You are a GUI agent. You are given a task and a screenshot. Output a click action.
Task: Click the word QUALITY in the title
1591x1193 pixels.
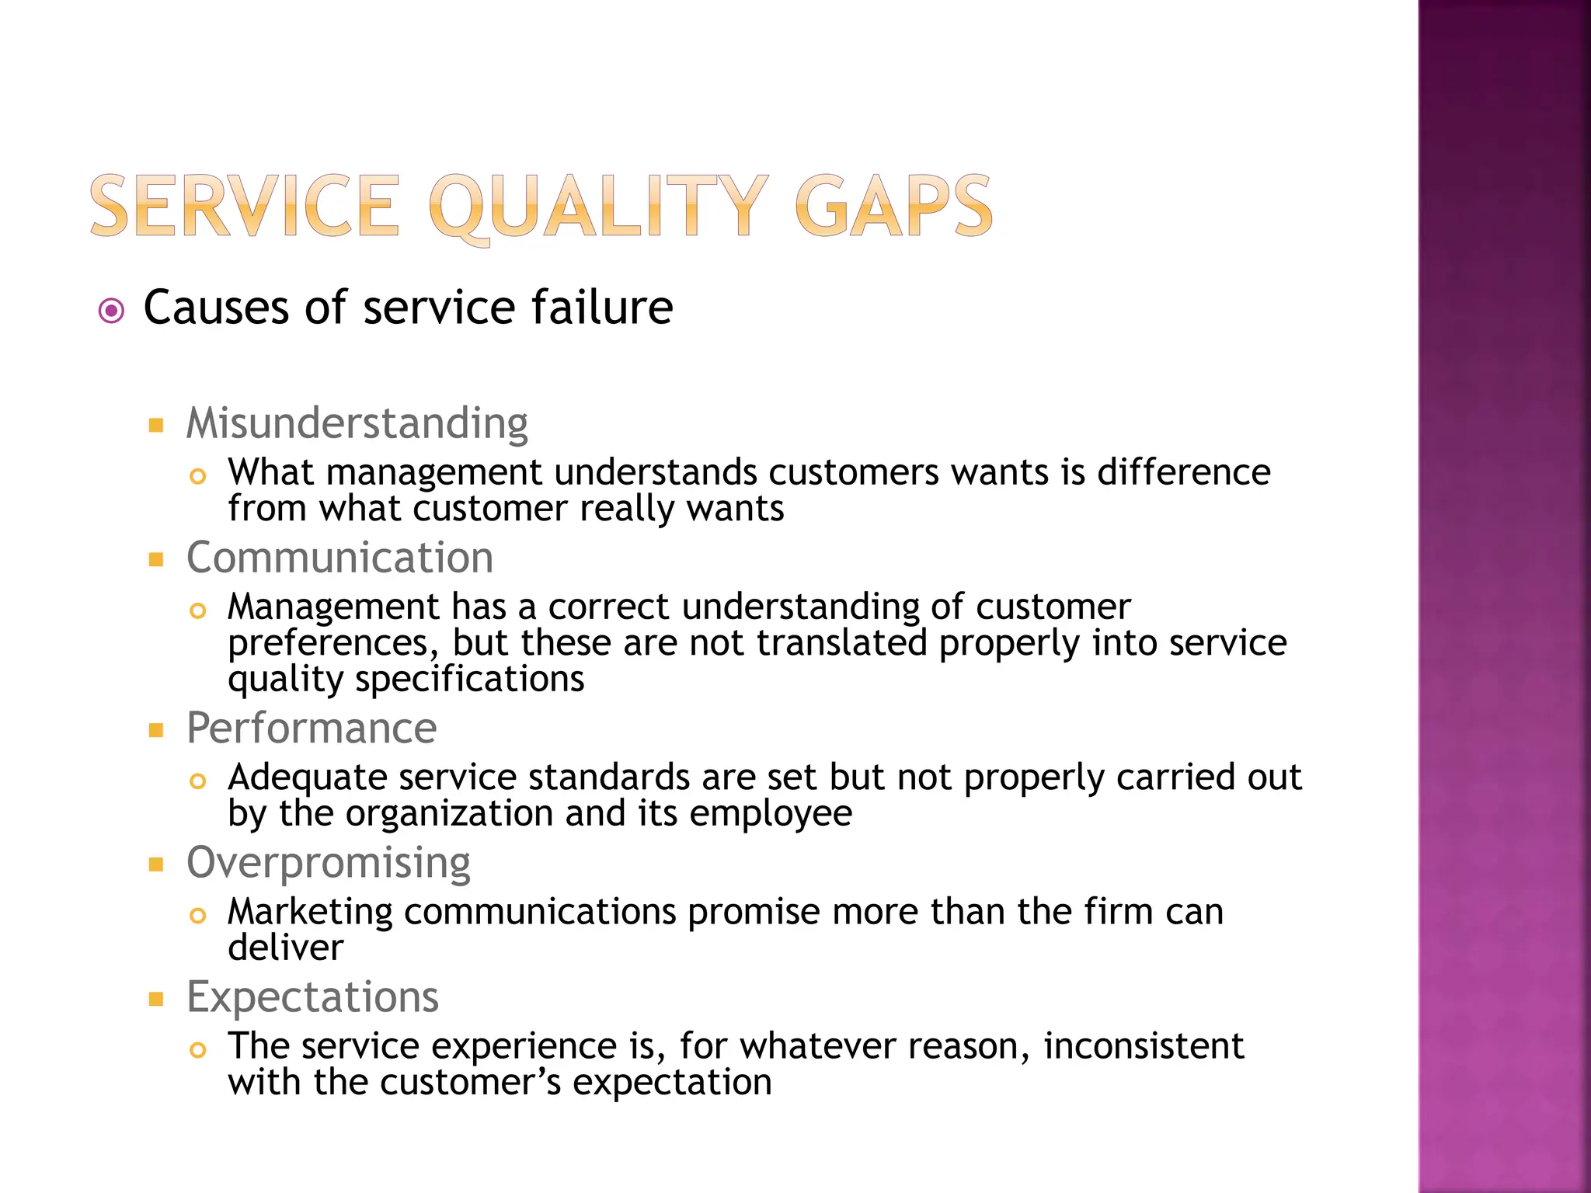[598, 207]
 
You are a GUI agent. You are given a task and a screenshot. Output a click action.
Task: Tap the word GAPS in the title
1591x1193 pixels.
[893, 207]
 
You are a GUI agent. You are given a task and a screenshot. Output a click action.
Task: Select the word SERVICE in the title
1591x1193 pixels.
[245, 207]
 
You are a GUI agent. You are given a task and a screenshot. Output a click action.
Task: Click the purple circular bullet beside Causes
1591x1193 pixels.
[112, 311]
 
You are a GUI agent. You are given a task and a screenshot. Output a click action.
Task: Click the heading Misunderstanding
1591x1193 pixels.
[357, 424]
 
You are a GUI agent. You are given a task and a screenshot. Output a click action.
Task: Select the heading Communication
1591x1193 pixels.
[339, 558]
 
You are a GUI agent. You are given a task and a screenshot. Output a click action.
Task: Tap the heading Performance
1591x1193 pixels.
[312, 729]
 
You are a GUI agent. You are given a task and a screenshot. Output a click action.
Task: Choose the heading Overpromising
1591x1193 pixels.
[329, 863]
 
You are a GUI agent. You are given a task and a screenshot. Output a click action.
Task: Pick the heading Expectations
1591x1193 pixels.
[312, 997]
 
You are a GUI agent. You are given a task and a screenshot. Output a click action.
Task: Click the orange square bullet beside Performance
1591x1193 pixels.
[156, 730]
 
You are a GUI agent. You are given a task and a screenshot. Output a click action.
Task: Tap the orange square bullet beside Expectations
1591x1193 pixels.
[156, 999]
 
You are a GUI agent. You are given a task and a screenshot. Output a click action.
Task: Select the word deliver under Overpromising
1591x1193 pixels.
[285, 948]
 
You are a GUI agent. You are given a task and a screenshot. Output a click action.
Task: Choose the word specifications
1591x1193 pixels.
[469, 680]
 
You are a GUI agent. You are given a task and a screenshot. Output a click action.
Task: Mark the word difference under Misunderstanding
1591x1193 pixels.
[1183, 472]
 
